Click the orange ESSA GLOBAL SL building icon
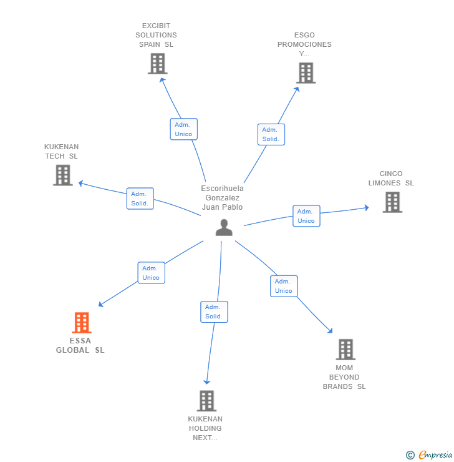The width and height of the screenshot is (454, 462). [82, 323]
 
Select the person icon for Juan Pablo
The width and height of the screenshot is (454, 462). [223, 228]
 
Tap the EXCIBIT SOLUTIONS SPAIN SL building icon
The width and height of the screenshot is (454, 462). [157, 64]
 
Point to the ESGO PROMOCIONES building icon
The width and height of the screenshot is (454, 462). [306, 73]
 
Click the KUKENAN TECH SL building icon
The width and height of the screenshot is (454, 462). [62, 175]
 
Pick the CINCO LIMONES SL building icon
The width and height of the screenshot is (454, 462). [392, 202]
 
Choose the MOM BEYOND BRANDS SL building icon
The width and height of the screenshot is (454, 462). [345, 350]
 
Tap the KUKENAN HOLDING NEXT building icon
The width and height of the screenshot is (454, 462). [206, 401]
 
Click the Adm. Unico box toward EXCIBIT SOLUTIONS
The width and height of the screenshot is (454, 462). [183, 129]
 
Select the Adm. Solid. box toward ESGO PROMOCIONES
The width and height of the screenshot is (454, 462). [271, 134]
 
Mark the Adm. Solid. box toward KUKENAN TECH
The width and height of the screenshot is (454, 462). [140, 199]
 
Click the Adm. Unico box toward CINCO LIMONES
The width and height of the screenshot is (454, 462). [306, 216]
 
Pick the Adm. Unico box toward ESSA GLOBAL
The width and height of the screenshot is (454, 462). [151, 273]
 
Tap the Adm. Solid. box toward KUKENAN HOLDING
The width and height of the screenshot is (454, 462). [214, 312]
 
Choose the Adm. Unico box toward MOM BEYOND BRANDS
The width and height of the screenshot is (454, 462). [284, 286]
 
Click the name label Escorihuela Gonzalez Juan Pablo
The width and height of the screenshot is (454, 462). [223, 198]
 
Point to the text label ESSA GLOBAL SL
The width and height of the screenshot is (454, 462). [80, 346]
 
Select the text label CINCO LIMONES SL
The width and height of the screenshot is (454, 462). [391, 179]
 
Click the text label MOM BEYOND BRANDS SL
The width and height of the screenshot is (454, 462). [344, 377]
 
